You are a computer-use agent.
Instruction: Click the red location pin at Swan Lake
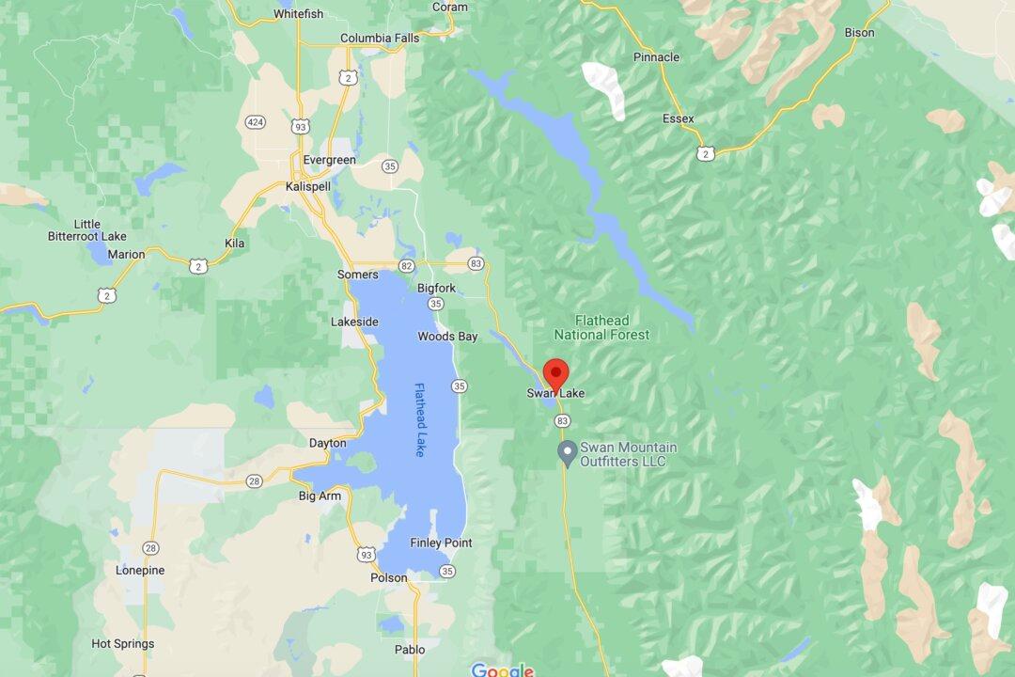point(555,372)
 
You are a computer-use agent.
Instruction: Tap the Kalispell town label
point(308,187)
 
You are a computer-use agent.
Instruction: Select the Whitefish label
point(299,14)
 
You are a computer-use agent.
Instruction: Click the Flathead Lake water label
point(420,419)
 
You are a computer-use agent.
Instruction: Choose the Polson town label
point(389,577)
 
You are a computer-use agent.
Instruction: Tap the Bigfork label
point(436,289)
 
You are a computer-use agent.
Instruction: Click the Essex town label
point(678,119)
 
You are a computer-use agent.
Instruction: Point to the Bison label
point(859,33)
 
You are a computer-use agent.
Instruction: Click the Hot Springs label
point(122,644)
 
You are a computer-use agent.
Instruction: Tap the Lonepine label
point(140,571)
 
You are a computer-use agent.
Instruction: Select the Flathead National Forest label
point(601,327)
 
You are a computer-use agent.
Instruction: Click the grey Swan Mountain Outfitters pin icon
point(567,453)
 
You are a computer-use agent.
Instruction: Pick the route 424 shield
point(255,122)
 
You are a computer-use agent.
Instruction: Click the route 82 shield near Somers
point(406,266)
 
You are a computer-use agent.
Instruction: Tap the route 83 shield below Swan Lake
point(562,420)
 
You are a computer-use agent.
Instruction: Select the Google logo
point(502,669)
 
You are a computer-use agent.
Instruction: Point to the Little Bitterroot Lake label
point(86,230)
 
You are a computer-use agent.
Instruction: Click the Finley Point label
point(441,543)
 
